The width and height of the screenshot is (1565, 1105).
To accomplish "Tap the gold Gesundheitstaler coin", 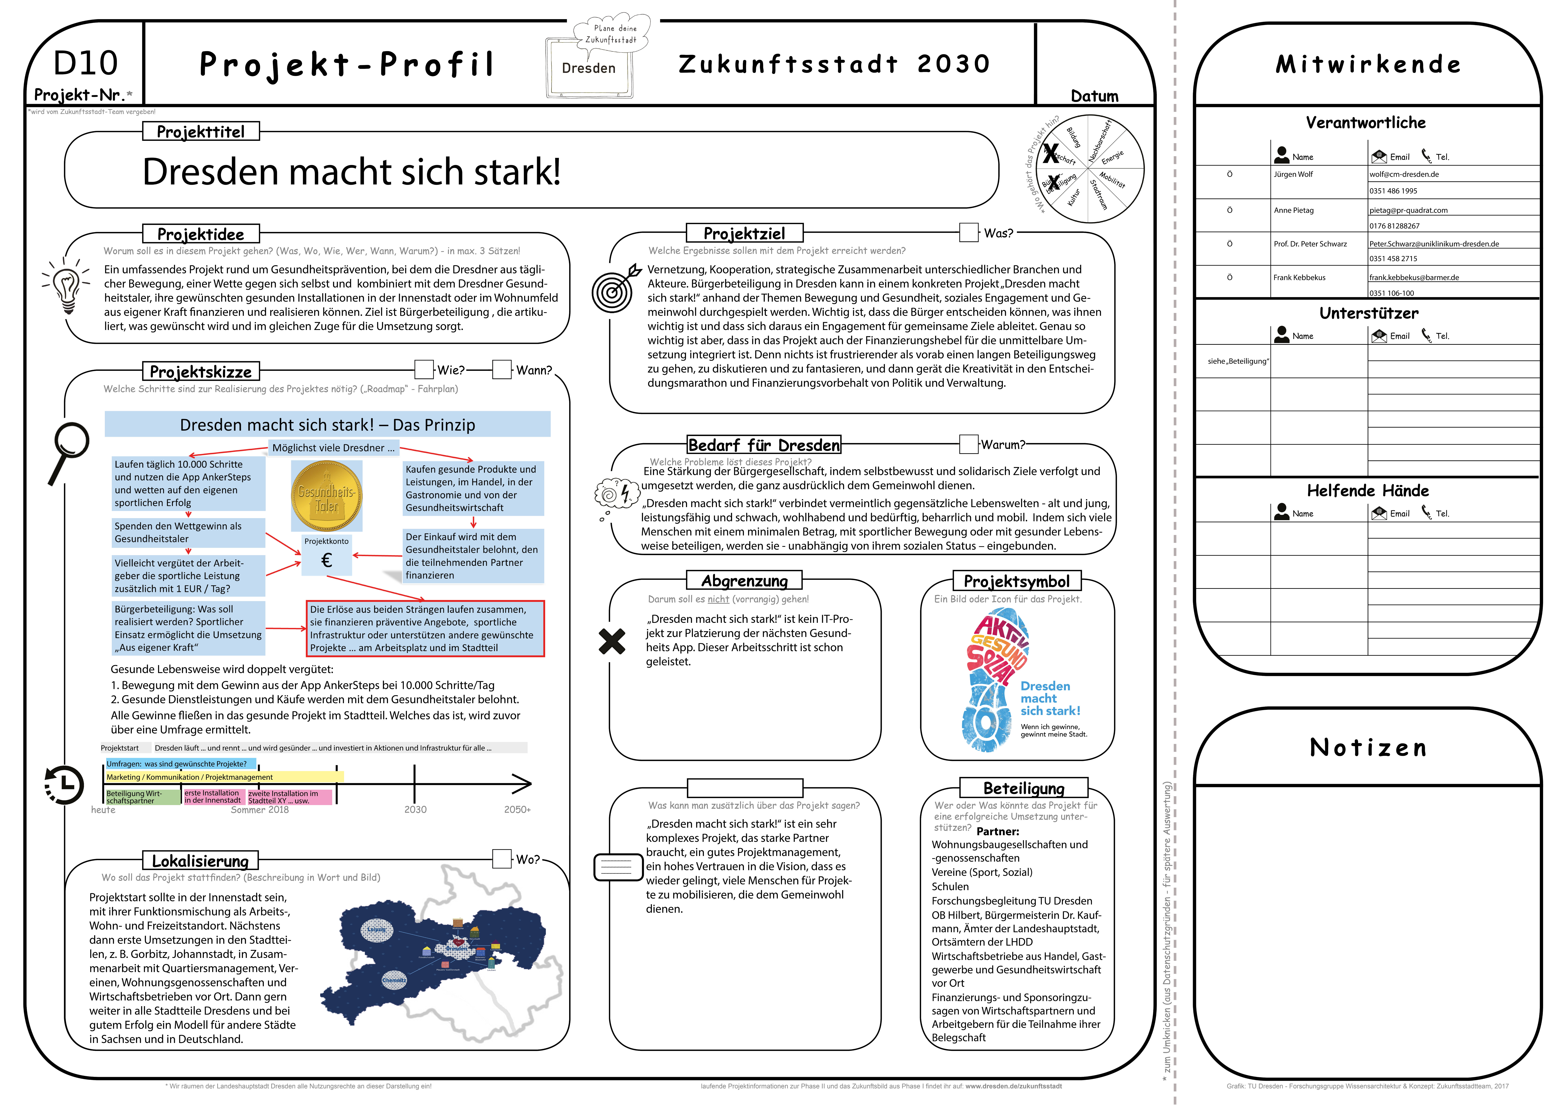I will coord(327,496).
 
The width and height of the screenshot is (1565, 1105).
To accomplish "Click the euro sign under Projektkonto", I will coord(327,560).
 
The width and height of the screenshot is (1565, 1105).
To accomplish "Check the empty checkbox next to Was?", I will coord(969,232).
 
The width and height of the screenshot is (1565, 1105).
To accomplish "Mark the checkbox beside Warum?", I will coord(969,445).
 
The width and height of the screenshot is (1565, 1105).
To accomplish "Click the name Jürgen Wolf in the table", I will coord(1293,175).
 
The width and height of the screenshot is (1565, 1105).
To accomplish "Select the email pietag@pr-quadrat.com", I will coord(1408,211).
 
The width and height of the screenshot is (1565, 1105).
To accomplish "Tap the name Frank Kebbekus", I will coord(1299,277).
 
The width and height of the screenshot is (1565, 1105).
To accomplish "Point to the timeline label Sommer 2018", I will coord(260,810).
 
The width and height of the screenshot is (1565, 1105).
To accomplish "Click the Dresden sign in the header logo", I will coord(589,68).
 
